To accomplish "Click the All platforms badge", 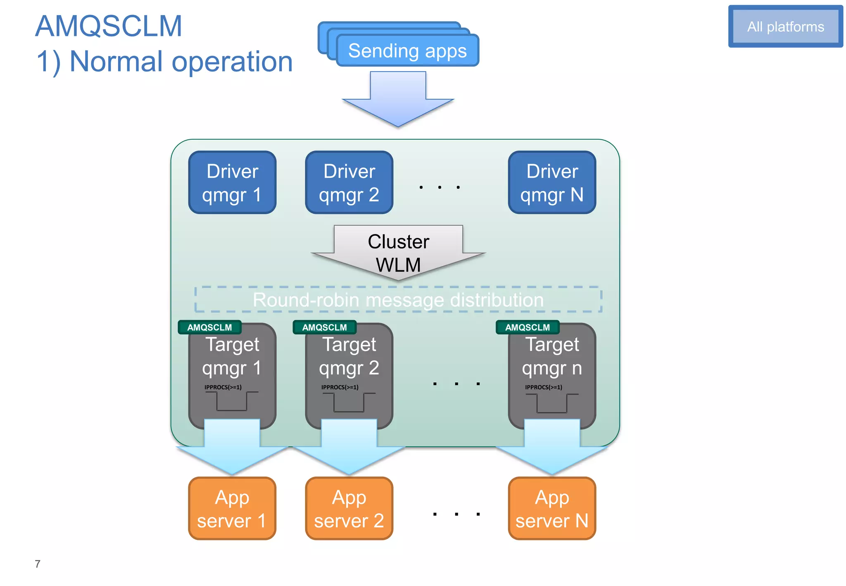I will pyautogui.click(x=785, y=26).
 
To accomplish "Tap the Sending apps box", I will pyautogui.click(x=407, y=51).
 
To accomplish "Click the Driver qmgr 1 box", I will pyautogui.click(x=232, y=183).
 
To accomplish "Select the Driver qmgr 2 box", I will pyautogui.click(x=349, y=183).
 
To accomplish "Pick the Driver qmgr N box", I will pyautogui.click(x=552, y=183).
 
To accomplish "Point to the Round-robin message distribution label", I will pyautogui.click(x=398, y=300).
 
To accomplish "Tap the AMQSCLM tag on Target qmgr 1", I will pyautogui.click(x=209, y=327).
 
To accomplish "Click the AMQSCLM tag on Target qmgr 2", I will pyautogui.click(x=324, y=327).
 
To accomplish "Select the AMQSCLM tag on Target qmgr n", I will pyautogui.click(x=528, y=327).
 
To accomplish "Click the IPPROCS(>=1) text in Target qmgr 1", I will pyautogui.click(x=223, y=387).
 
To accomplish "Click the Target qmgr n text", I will pyautogui.click(x=552, y=356).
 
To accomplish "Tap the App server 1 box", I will pyautogui.click(x=232, y=509).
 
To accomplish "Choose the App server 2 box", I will pyautogui.click(x=349, y=509).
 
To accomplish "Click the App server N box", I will pyautogui.click(x=552, y=509).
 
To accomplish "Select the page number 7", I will pyautogui.click(x=38, y=564).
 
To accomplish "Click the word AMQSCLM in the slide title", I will pyautogui.click(x=109, y=26).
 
